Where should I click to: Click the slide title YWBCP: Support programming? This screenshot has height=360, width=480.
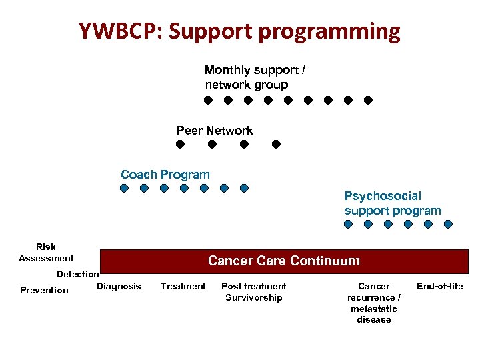click(x=239, y=31)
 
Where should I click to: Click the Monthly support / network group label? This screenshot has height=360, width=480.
click(x=255, y=77)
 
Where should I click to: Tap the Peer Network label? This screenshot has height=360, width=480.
click(x=215, y=131)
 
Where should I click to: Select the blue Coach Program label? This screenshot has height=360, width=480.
click(x=165, y=175)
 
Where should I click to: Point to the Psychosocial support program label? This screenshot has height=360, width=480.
click(x=393, y=203)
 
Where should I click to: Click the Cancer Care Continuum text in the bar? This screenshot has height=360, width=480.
click(x=283, y=261)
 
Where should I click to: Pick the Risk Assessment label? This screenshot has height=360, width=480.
click(x=46, y=253)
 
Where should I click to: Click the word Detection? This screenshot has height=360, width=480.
click(x=77, y=274)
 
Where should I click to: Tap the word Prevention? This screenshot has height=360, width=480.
click(x=44, y=290)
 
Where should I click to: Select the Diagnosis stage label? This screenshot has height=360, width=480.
click(x=119, y=287)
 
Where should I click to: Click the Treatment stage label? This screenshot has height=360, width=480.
click(x=183, y=287)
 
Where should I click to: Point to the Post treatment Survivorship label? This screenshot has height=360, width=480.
click(x=253, y=292)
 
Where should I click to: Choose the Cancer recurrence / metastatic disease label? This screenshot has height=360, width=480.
click(x=374, y=303)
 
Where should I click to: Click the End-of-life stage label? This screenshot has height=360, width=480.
click(x=439, y=287)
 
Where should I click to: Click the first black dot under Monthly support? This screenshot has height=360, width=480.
click(x=208, y=100)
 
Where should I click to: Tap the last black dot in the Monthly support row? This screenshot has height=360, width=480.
click(x=368, y=100)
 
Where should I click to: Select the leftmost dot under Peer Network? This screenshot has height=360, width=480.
click(x=180, y=144)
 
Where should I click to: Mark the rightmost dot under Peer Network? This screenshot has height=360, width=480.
click(x=276, y=144)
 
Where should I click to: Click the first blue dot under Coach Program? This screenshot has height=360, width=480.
click(x=124, y=188)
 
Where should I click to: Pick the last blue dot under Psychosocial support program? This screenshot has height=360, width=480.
click(x=448, y=225)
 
